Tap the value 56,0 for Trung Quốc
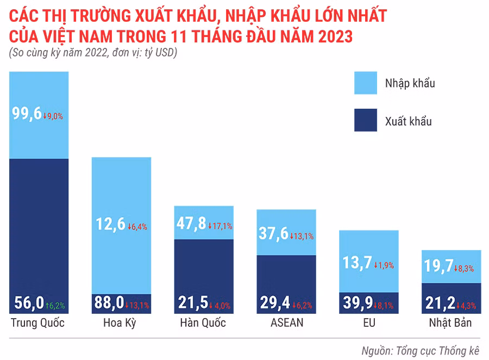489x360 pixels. tap(26, 303)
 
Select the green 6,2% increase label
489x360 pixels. tap(55, 306)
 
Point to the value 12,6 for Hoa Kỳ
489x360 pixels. tap(110, 224)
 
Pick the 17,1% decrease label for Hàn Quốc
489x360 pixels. tap(221, 226)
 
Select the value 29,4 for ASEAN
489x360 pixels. tap(274, 303)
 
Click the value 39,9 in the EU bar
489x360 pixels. tap(356, 303)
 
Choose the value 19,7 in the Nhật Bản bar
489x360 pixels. tap(439, 265)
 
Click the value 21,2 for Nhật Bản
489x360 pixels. tap(439, 303)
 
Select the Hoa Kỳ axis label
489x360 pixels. tap(119, 323)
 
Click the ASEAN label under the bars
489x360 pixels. tap(286, 322)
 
